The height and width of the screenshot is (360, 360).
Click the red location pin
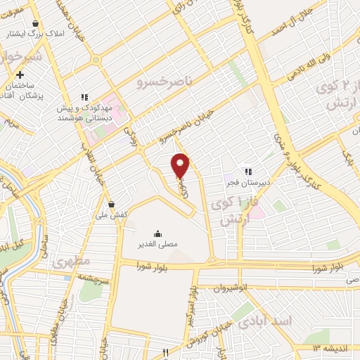(x=181, y=165)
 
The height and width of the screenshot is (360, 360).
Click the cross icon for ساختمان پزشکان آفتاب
(x=20, y=75)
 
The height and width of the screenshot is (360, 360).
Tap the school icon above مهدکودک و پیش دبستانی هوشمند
(x=84, y=97)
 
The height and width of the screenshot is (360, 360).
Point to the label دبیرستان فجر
(x=247, y=184)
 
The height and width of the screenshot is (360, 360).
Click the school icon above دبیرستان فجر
(x=247, y=171)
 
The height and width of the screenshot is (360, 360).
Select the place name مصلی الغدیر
(x=156, y=245)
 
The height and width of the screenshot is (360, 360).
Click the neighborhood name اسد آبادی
(x=265, y=321)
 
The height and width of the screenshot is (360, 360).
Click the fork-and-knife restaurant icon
(x=166, y=352)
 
